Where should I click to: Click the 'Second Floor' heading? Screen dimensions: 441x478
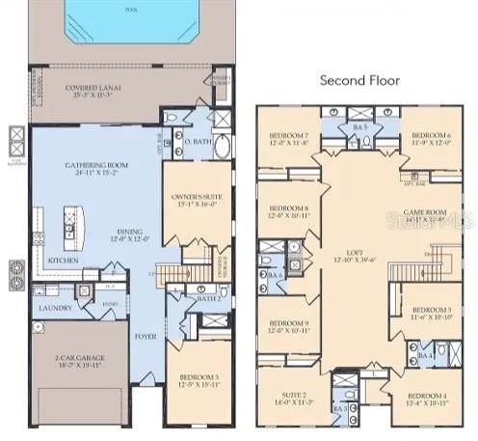365,80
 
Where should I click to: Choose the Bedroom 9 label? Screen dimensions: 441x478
288,325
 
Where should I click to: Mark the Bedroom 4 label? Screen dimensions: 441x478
425,398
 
